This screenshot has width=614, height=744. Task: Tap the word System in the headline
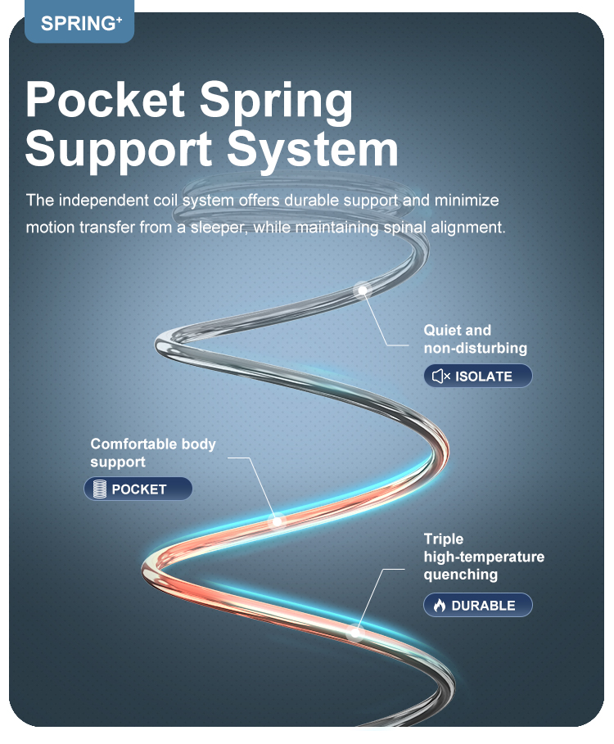point(312,150)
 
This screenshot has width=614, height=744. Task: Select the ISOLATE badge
point(478,377)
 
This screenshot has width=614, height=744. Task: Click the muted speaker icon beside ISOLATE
point(441,377)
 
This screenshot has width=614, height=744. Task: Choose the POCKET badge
point(138,489)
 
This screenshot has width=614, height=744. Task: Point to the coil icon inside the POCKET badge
point(101,489)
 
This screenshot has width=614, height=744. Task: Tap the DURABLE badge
point(478,606)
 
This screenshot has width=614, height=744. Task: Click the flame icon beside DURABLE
point(440,606)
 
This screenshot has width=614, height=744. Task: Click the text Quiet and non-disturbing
point(475,339)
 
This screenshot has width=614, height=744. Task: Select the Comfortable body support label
point(153,453)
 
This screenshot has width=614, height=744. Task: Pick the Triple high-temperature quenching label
point(483,557)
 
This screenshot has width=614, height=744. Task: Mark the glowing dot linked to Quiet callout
point(361,288)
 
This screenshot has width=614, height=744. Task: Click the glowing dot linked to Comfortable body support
point(277,520)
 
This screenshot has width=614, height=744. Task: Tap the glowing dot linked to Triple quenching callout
point(354,632)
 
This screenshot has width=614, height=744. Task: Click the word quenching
point(460,575)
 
